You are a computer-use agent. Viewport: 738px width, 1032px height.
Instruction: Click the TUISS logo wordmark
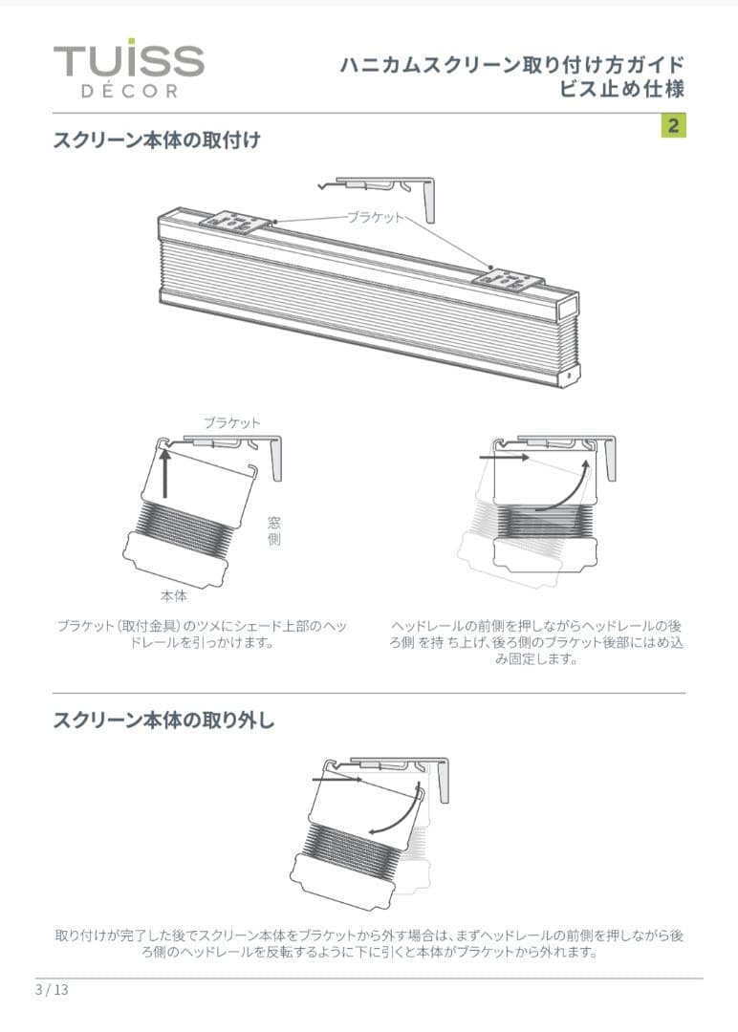tap(128, 61)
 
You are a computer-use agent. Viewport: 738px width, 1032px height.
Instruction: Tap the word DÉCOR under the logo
tap(128, 92)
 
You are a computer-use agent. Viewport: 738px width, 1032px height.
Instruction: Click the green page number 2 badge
tap(673, 125)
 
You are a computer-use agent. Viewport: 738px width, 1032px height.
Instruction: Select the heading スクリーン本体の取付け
tap(157, 140)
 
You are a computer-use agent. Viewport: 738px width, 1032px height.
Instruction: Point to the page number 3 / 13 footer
tap(52, 989)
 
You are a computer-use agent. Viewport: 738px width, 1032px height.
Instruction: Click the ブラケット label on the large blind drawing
tap(375, 218)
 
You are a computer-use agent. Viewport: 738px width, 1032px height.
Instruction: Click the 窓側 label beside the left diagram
tap(273, 530)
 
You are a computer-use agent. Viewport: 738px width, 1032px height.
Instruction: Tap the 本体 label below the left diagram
tap(174, 595)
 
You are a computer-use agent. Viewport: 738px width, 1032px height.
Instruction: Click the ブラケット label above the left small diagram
tap(231, 421)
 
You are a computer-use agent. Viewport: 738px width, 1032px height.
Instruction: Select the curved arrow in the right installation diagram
tap(565, 488)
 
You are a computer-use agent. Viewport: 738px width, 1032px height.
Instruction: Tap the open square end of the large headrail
tap(567, 308)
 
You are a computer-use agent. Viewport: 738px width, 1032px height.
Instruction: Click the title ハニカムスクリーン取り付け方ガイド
tap(512, 65)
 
